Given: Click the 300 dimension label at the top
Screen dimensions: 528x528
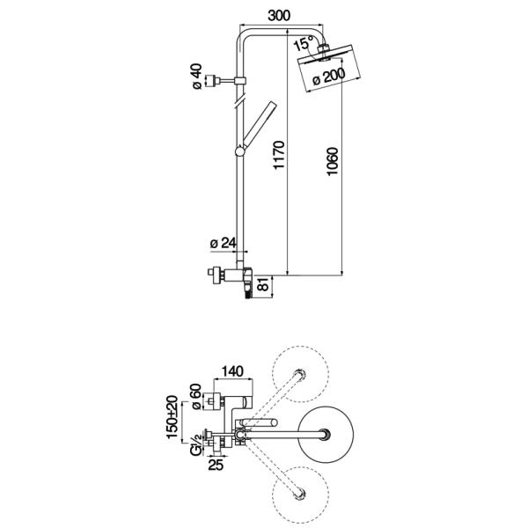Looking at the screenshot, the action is [279, 16].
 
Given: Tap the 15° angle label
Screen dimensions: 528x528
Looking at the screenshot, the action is [304, 44].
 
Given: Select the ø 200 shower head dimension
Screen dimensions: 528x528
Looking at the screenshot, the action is [329, 77].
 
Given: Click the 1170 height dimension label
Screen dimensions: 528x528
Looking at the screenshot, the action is [279, 155].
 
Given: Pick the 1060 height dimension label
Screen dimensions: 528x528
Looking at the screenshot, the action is [332, 161].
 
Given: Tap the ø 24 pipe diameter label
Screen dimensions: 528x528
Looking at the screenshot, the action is [224, 243].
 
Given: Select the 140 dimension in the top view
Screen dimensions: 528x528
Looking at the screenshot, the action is [232, 371].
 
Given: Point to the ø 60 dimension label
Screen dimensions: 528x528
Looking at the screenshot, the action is [196, 397].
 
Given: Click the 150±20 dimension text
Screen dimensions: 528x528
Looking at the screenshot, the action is [172, 417].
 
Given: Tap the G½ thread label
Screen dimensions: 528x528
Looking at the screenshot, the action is [196, 445].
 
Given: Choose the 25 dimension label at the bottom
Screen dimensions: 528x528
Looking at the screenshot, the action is [216, 465].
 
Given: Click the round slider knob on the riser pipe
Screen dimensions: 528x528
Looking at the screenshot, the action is [240, 152].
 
